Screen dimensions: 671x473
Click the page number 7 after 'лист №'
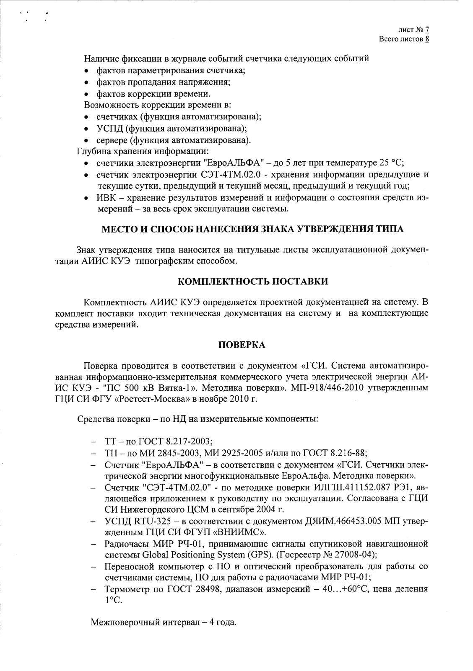coord(427,30)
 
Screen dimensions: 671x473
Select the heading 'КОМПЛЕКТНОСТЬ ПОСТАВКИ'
coord(253,281)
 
